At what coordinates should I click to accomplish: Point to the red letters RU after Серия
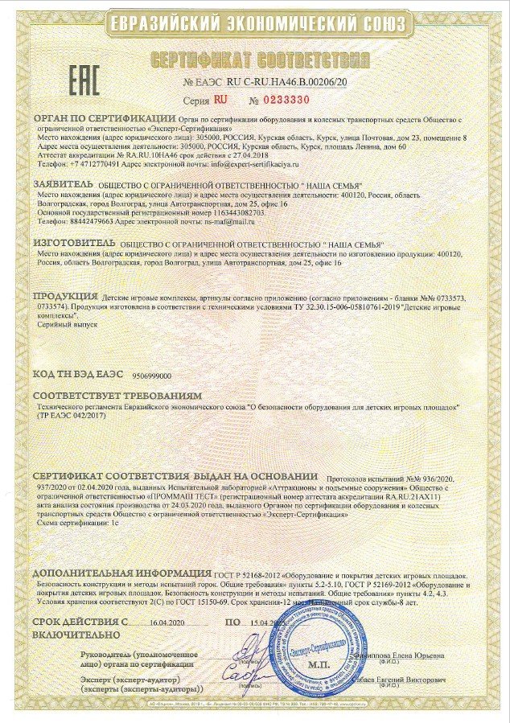tap(221, 100)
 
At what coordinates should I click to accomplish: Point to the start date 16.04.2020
tap(167, 622)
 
